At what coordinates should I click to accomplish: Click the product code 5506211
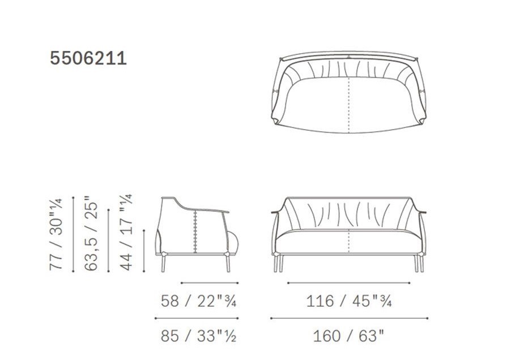88,59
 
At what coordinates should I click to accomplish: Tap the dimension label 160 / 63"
349,336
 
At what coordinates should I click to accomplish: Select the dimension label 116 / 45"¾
349,301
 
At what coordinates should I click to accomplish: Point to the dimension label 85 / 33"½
198,336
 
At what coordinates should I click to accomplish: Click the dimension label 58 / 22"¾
198,301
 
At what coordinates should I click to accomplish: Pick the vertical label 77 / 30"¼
56,234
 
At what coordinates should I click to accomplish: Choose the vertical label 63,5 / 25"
91,233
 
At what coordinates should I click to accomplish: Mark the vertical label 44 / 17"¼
126,232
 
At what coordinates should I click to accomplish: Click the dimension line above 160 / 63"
349,318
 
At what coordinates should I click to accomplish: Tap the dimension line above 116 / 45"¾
349,283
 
